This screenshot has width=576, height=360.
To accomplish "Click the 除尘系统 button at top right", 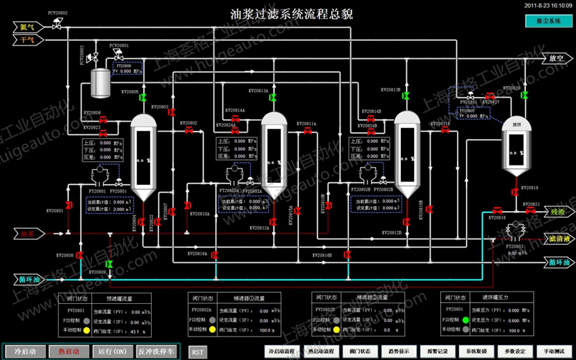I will pyautogui.click(x=549, y=22).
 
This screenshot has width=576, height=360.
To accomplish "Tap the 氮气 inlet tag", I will pyautogui.click(x=28, y=27).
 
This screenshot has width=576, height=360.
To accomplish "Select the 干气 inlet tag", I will pyautogui.click(x=28, y=39).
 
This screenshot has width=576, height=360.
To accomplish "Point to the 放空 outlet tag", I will pyautogui.click(x=557, y=59).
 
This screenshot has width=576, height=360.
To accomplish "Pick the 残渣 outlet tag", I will pyautogui.click(x=557, y=211).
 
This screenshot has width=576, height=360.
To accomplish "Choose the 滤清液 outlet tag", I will pyautogui.click(x=559, y=239).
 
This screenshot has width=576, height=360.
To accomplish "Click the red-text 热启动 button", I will pyautogui.click(x=68, y=351).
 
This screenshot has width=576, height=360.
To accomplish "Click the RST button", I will pyautogui.click(x=197, y=352).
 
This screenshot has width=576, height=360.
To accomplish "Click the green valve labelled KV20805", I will pyautogui.click(x=143, y=99).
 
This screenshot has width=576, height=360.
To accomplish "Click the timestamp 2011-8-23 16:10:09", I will pyautogui.click(x=547, y=6).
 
